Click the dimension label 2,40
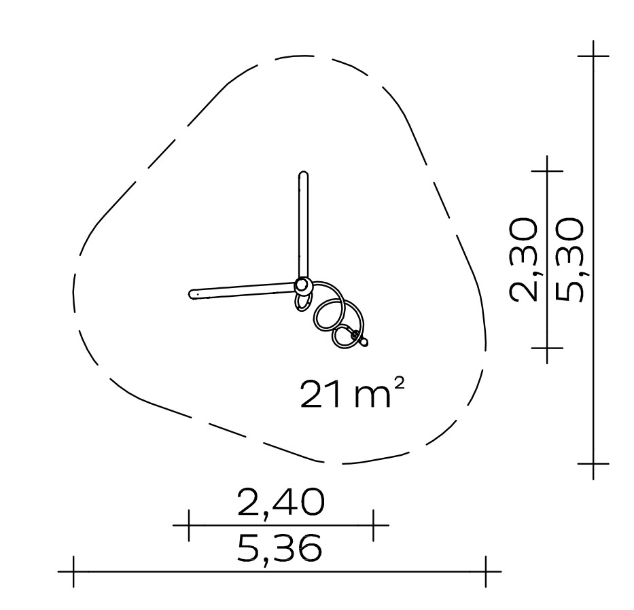point(281,503)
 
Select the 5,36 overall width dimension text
point(279,548)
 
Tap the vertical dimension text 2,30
point(524,260)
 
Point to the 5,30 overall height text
point(569,260)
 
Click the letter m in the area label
point(372,397)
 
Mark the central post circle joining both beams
point(302,287)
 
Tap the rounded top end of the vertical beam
point(304,175)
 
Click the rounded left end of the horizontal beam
point(192,294)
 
